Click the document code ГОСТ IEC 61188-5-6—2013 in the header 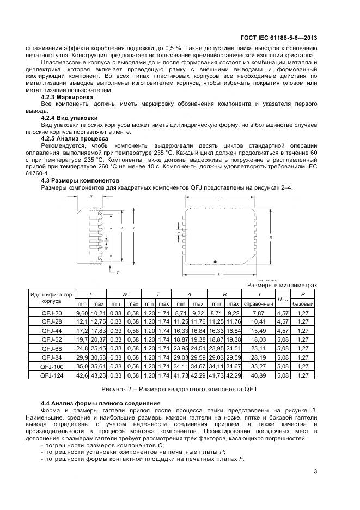point(278,38)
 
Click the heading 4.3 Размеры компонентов point(80,180)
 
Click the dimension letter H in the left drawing point(90,196)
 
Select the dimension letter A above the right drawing point(218,197)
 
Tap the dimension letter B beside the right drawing point(271,238)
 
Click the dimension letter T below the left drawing point(118,271)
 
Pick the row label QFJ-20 point(52,313)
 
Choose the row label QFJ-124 point(52,375)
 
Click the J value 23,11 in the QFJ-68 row point(258,349)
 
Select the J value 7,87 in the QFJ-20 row point(258,313)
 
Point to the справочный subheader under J point(258,303)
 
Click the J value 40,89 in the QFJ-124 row point(258,375)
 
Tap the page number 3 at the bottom point(315,472)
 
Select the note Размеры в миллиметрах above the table point(282,285)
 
